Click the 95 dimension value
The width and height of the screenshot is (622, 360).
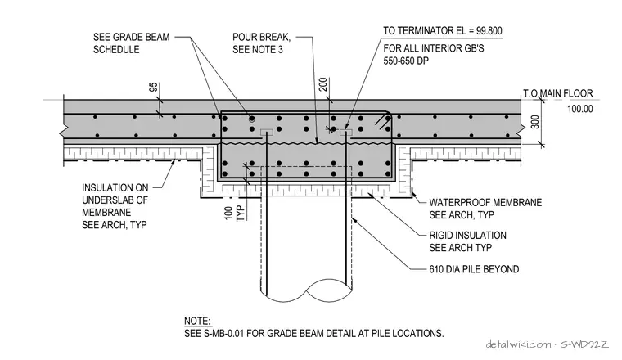point(154,88)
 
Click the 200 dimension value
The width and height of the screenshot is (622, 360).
point(323,84)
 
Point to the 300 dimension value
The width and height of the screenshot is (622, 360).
point(535,122)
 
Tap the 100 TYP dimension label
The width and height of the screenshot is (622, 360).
point(235,214)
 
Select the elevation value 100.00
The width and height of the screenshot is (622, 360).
point(580,109)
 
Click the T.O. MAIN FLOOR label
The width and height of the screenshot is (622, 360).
point(557,93)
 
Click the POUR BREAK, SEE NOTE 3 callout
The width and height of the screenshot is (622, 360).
point(261,43)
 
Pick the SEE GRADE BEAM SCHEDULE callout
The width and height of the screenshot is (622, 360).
point(131,43)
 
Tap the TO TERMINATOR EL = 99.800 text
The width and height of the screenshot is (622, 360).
point(442,30)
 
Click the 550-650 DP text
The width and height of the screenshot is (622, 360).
point(406,61)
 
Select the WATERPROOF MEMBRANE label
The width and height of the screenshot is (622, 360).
point(485,203)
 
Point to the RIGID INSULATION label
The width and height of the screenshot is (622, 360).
point(467,236)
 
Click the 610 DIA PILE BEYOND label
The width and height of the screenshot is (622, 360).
point(474,269)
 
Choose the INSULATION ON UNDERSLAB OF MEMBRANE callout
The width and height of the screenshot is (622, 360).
point(115,206)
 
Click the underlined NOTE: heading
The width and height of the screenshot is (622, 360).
point(197,321)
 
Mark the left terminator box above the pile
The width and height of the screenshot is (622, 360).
point(266,132)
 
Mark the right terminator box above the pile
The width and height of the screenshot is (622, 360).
point(346,132)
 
